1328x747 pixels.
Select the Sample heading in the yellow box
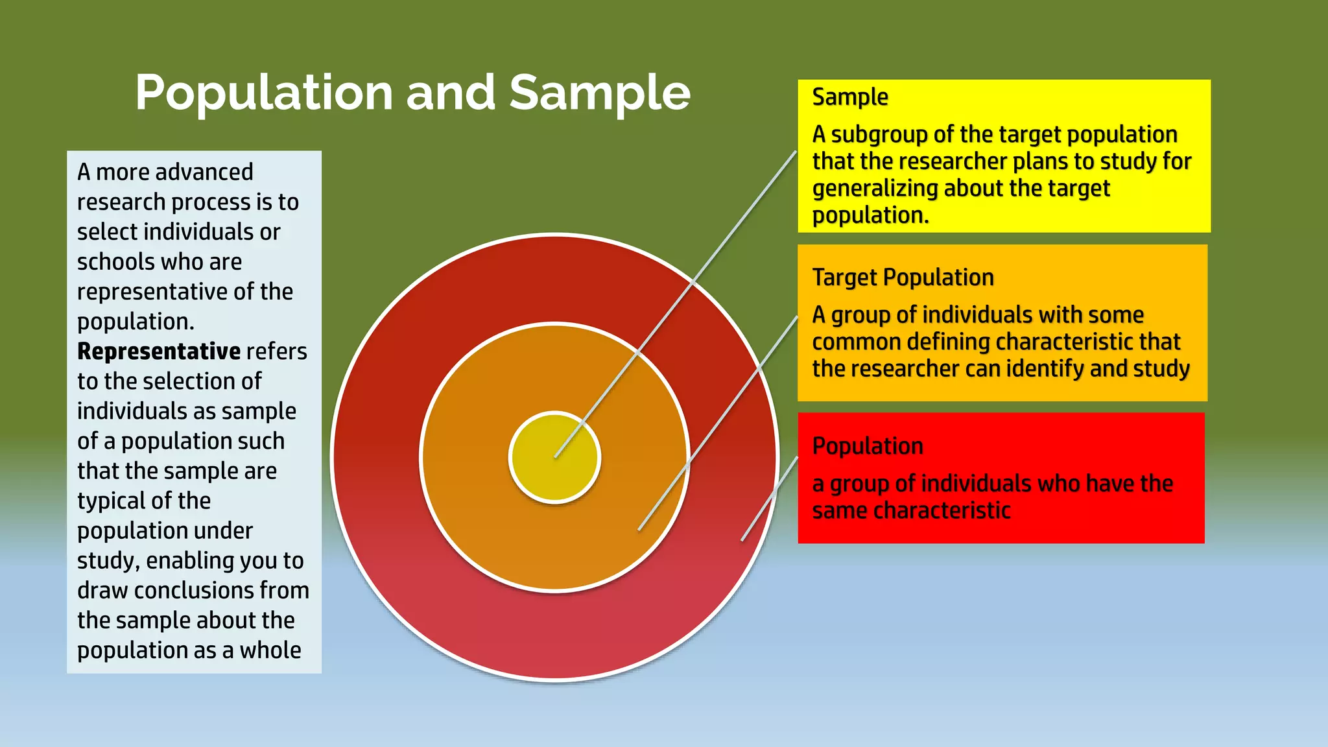850,97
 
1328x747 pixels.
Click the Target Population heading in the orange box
903,278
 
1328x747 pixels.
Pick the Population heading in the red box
867,446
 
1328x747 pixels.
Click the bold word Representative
159,351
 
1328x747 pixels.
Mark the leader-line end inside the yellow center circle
556,457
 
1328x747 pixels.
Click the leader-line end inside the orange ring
639,530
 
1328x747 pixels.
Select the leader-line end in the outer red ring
742,540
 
